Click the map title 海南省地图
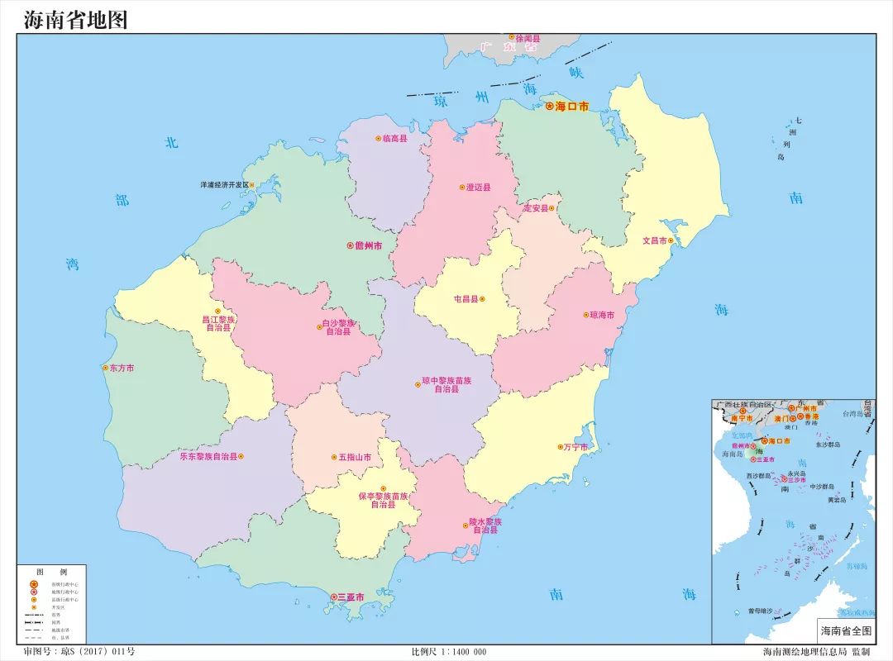pos(75,19)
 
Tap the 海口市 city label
pos(572,107)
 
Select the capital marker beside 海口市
pos(549,107)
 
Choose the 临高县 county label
pos(395,139)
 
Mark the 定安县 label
pos(535,208)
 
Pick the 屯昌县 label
pos(466,299)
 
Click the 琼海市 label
pos(602,315)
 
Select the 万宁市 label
pos(575,447)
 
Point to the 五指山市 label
pos(355,457)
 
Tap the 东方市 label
pos(122,369)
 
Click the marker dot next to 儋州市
pos(350,246)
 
